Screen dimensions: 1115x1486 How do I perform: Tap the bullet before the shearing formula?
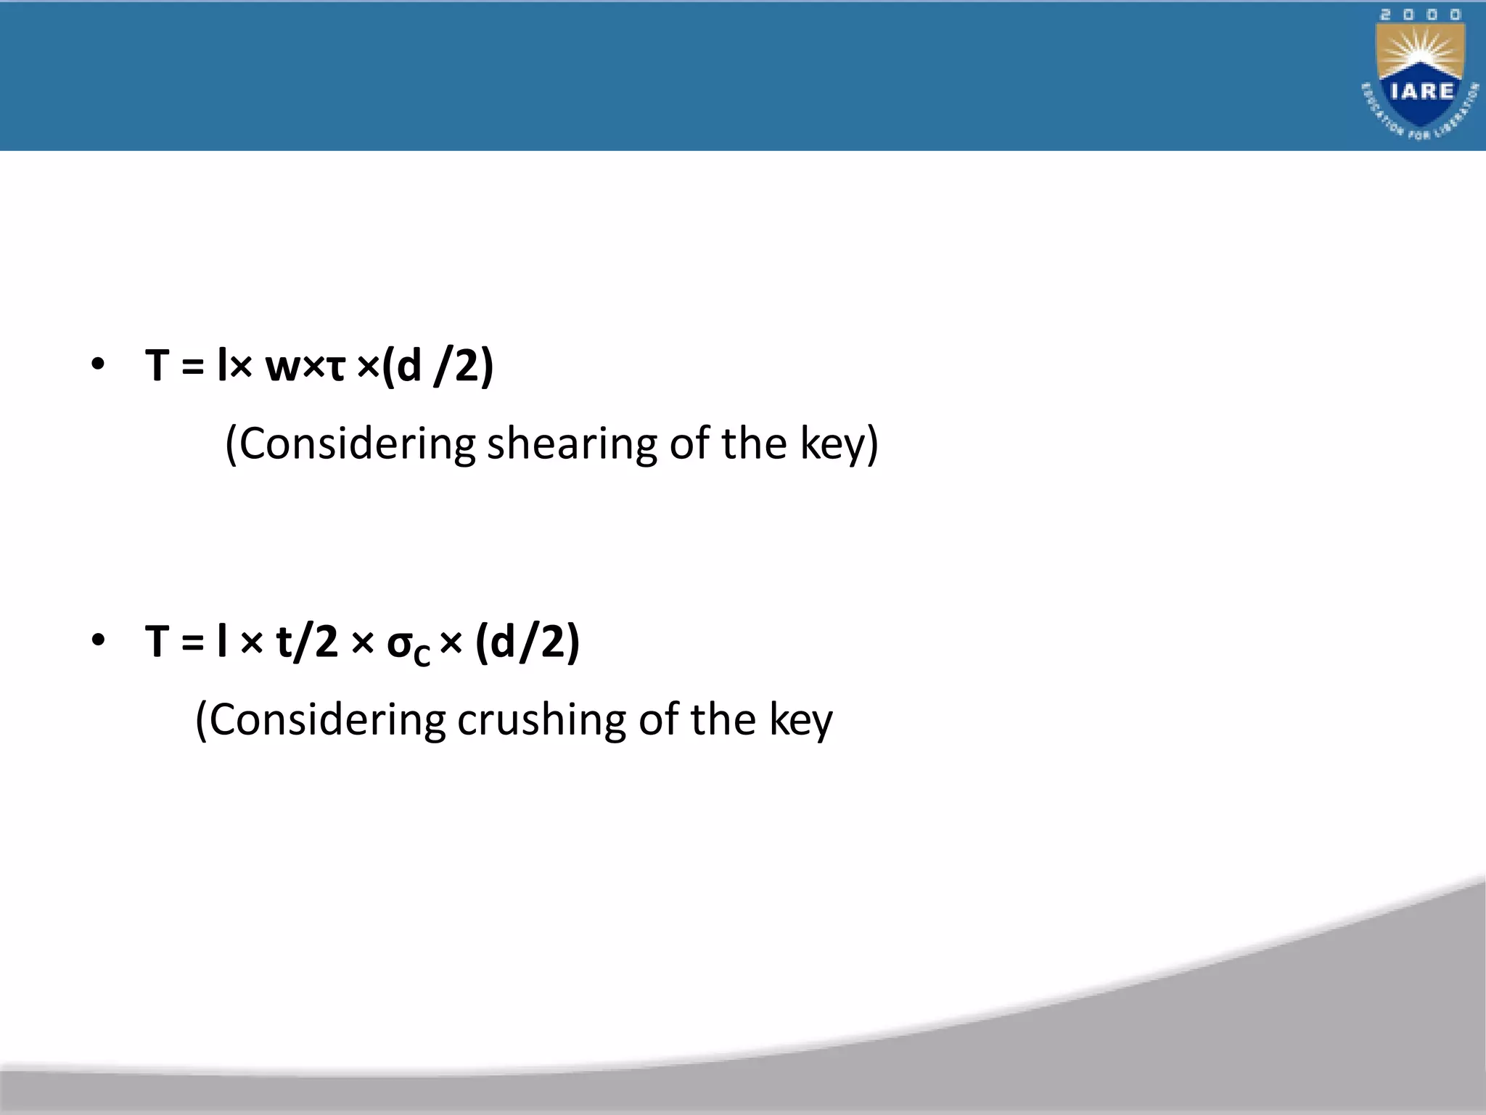coord(98,364)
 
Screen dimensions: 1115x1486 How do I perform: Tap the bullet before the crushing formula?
coord(98,640)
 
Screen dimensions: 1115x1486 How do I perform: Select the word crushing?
coord(541,721)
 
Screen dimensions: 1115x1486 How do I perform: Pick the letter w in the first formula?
coord(282,367)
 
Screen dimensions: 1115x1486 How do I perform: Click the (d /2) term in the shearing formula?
coord(438,365)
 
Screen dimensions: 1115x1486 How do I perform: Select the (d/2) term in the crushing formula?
coord(528,642)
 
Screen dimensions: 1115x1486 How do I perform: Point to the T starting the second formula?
coord(157,641)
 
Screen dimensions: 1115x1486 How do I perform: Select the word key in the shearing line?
coord(832,444)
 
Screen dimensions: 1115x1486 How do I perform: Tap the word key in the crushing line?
coord(801,721)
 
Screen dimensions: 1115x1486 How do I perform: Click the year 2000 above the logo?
coord(1420,15)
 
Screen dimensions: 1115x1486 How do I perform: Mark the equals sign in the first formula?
coord(192,366)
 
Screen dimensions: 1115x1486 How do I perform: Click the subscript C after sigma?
coord(422,655)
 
